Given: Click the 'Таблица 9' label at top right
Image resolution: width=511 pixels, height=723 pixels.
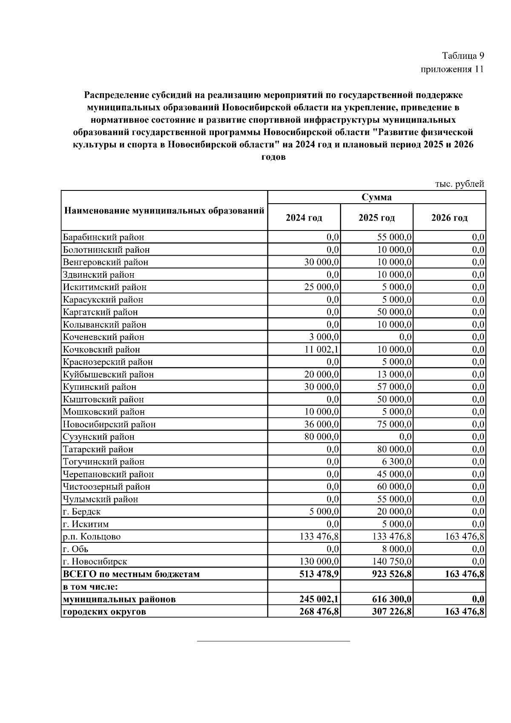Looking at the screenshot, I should click(x=463, y=56).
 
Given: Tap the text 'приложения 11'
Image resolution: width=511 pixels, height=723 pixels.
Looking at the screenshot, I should click(x=452, y=69).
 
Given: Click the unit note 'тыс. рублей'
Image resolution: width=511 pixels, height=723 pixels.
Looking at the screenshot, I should click(x=459, y=184).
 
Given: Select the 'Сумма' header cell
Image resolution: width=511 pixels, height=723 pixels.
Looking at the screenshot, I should click(x=376, y=197).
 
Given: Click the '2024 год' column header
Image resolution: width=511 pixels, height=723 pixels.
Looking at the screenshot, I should click(x=304, y=218).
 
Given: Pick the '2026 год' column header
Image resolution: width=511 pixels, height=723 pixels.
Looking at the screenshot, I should click(x=449, y=218).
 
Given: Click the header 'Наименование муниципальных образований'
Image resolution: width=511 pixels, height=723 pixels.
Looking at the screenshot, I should click(x=164, y=211).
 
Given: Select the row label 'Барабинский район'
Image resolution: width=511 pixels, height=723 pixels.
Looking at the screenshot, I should click(x=103, y=237).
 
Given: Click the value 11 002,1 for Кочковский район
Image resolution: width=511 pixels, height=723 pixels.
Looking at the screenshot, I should click(x=322, y=350).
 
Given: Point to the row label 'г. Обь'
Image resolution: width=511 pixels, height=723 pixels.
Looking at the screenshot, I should click(x=76, y=549).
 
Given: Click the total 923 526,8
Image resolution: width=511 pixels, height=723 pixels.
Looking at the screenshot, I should click(x=391, y=574).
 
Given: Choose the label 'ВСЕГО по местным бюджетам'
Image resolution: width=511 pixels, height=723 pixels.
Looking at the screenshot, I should click(x=131, y=574).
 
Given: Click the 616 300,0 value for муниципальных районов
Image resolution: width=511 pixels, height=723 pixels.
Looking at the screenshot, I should click(x=391, y=599).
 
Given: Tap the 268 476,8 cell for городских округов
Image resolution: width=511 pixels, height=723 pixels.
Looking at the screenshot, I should click(x=319, y=612).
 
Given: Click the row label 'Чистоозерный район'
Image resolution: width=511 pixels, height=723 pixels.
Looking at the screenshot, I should click(x=106, y=487).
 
